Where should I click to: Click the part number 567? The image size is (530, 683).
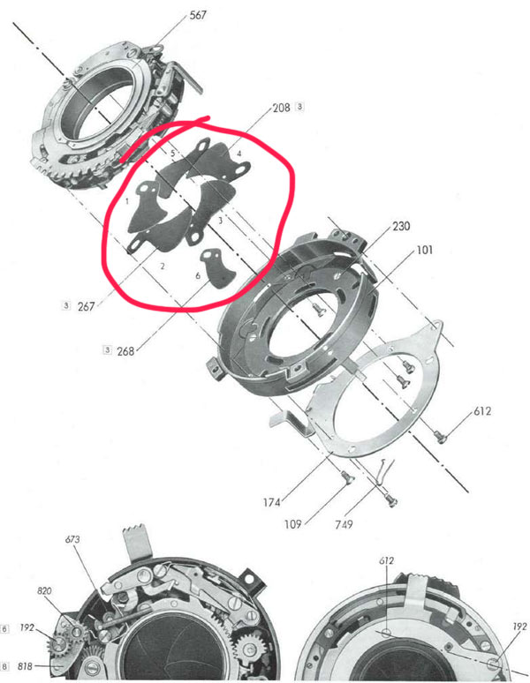198,15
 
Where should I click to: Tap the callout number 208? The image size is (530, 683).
281,108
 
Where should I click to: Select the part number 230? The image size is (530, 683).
401,226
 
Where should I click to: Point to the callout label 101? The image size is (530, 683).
425,250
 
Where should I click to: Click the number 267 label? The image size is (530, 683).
86,306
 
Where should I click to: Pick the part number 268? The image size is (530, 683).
125,350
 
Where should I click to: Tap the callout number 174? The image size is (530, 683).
271,502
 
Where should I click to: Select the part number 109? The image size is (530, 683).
293,524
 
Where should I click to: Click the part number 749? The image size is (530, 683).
344,524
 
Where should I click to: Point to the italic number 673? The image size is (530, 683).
72,539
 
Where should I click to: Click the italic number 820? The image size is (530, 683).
44,590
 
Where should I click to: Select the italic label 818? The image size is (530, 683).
26,666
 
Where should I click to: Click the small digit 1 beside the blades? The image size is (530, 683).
127,202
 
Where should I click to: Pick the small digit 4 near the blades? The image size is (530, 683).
238,154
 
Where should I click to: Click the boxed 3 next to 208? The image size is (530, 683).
299,106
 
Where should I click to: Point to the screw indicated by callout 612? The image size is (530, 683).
440,436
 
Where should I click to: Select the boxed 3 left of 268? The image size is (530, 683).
107,349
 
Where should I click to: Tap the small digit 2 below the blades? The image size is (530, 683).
163,266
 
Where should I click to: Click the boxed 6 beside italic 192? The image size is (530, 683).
4,629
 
